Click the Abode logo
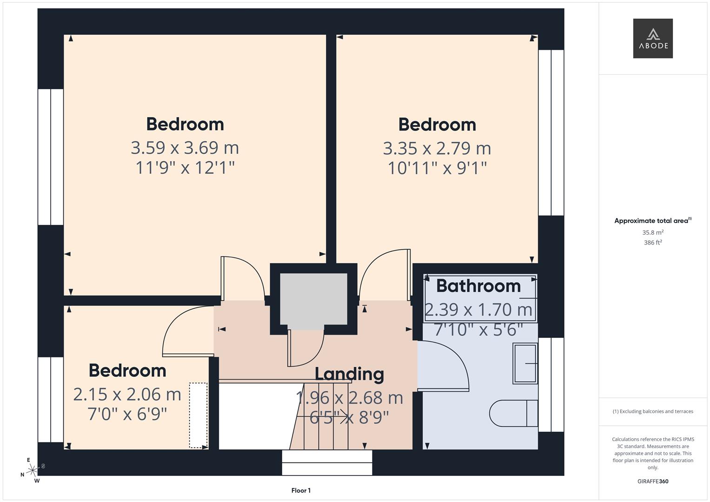coord(653,38)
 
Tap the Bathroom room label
coord(478,286)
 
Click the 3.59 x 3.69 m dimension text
coord(185,148)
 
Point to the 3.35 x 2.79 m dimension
coord(437,149)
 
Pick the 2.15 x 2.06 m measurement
coord(127,395)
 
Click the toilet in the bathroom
coord(513,413)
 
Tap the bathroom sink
coord(525,363)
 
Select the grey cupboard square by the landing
coord(313,301)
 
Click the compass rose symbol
coord(33,470)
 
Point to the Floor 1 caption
coord(301,490)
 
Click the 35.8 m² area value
coord(653,232)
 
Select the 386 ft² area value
coord(653,243)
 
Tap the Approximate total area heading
coord(653,221)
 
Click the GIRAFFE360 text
coord(653,482)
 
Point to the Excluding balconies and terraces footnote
coord(653,411)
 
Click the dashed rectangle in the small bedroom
coord(199,415)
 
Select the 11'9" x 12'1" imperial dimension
coord(185,168)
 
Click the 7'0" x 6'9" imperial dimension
coord(127,414)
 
